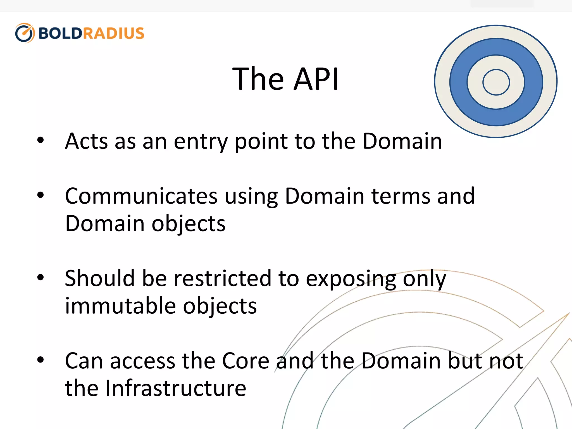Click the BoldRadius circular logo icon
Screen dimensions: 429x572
coord(25,33)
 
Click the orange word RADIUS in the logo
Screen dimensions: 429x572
coord(113,33)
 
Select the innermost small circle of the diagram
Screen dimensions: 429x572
coord(496,82)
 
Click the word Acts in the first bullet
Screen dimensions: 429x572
coord(86,141)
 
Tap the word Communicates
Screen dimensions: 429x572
coord(141,196)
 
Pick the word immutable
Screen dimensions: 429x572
coord(120,306)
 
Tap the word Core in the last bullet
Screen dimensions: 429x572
coord(246,361)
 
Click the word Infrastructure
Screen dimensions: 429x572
coord(176,388)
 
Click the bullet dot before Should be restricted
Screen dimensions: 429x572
coord(40,277)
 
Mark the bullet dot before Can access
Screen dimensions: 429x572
coord(40,360)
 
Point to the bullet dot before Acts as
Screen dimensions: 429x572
coord(40,140)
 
